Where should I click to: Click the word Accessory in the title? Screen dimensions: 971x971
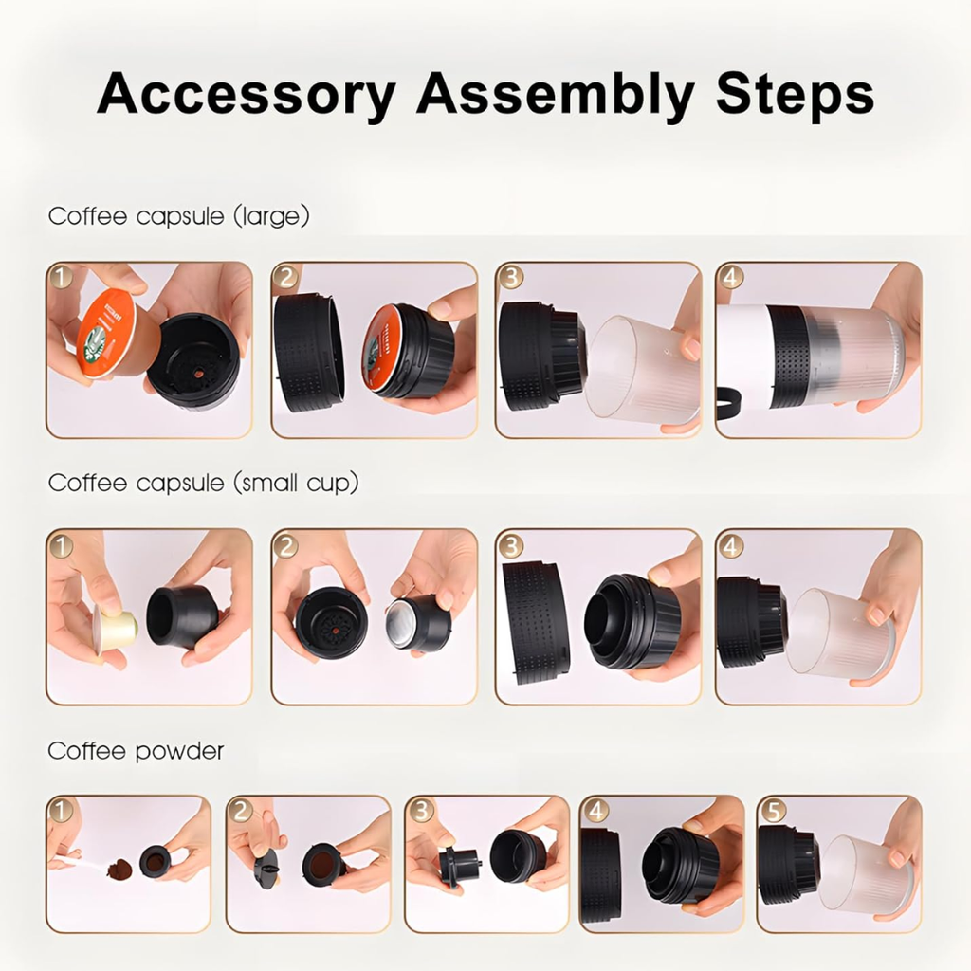[x=246, y=94]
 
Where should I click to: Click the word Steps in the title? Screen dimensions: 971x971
[x=795, y=94]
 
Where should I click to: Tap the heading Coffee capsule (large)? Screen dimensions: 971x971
[x=179, y=216]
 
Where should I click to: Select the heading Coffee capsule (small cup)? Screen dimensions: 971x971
[x=204, y=483]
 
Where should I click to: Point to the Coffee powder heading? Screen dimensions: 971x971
[x=136, y=751]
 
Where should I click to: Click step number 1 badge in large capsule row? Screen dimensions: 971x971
[x=61, y=277]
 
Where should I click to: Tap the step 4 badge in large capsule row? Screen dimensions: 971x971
[x=730, y=277]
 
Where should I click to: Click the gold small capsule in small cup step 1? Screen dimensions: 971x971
[x=116, y=630]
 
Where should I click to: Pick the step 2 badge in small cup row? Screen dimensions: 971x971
[x=285, y=545]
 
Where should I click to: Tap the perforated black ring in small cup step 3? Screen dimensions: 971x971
[x=536, y=621]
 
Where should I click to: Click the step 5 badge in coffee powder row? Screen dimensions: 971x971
[x=773, y=811]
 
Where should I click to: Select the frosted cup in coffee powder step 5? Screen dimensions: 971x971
[x=863, y=873]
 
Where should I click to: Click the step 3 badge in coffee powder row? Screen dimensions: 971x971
[x=421, y=811]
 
